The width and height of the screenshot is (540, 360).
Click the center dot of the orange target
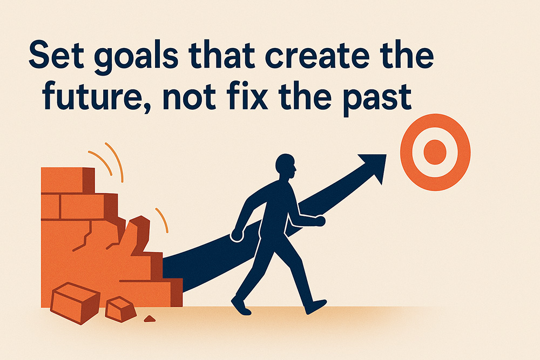tap(435, 153)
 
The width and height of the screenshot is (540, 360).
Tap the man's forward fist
tap(319, 221)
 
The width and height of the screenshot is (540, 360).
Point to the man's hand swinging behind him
tap(237, 235)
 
